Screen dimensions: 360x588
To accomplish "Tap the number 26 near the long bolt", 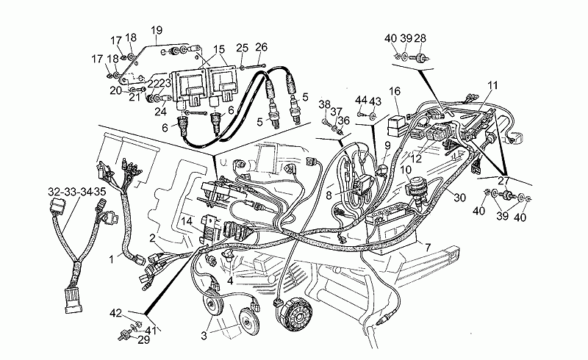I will tap(261, 48).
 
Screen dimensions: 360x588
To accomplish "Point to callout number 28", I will tap(420, 38).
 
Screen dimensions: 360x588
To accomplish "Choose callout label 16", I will tap(395, 91).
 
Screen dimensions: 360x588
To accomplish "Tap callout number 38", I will tap(324, 104).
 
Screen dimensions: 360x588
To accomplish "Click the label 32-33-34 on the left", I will tap(65, 192).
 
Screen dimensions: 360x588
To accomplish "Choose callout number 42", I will tap(115, 313).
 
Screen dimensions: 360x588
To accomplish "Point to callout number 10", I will tap(405, 170).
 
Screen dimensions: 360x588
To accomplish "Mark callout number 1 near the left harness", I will tap(111, 259).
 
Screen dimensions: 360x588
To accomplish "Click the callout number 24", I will tap(160, 112).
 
